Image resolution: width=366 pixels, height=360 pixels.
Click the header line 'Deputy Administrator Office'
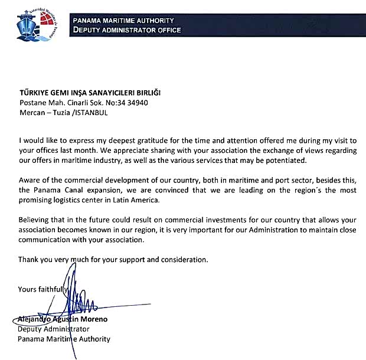(126, 30)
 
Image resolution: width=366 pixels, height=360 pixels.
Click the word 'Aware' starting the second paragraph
(30, 180)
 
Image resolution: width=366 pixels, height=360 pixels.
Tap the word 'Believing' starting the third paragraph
(35, 218)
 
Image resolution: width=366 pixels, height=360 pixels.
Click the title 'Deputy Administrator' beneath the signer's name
(54, 329)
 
